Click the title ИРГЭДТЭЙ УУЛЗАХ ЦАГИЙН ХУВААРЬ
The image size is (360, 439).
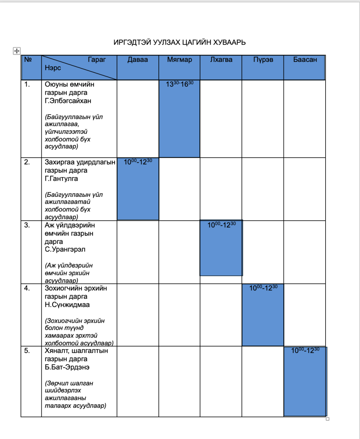(x=180, y=42)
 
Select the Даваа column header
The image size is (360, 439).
(x=138, y=60)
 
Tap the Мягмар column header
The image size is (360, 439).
(x=179, y=60)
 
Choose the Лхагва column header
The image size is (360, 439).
(x=221, y=60)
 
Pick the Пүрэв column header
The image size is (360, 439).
(x=263, y=60)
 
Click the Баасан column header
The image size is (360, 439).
(x=305, y=60)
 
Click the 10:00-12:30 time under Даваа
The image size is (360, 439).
(x=138, y=162)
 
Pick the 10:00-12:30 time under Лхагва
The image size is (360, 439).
(x=221, y=225)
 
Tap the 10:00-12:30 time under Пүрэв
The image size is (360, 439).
(x=263, y=288)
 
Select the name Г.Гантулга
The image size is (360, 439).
(x=61, y=179)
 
